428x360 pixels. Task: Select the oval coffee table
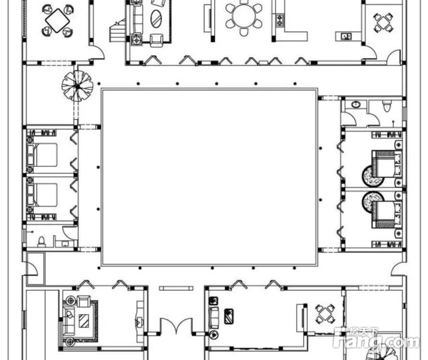(157, 19)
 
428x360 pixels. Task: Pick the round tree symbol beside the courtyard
(77, 86)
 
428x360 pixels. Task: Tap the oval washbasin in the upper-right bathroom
(355, 104)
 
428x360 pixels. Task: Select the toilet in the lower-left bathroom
(41, 241)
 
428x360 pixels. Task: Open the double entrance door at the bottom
(176, 325)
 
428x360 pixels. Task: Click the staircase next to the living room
(118, 30)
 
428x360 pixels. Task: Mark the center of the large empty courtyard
(209, 177)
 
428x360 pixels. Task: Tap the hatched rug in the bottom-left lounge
(84, 321)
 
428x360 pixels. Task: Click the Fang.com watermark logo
(376, 338)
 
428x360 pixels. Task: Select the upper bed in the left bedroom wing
(42, 155)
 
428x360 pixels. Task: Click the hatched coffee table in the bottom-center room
(229, 316)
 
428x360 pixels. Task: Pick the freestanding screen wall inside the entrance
(176, 288)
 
